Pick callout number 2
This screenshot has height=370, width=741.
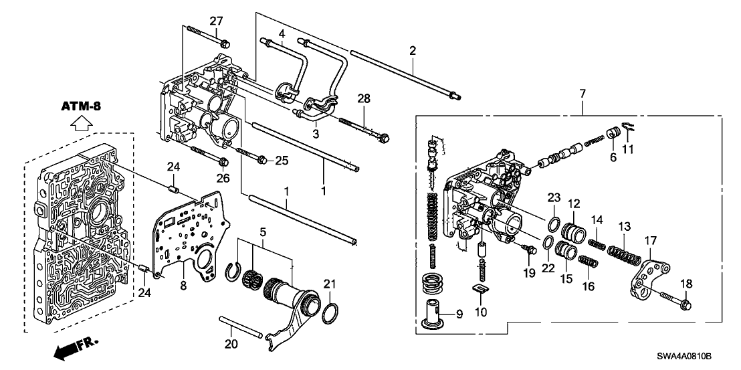coord(413,51)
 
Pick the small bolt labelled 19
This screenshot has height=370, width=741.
coord(529,250)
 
